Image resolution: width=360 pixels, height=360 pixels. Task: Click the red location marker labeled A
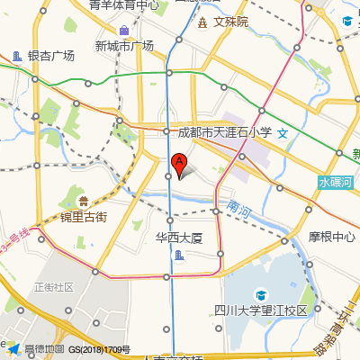pyautogui.click(x=178, y=164)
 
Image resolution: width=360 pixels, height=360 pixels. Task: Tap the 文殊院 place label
pyautogui.click(x=230, y=20)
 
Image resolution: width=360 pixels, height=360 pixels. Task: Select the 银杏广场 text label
pyautogui.click(x=50, y=56)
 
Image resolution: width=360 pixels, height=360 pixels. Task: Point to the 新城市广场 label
pyautogui.click(x=123, y=46)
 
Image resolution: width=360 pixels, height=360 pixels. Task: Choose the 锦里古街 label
pyautogui.click(x=84, y=217)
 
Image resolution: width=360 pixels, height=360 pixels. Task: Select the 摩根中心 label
pyautogui.click(x=331, y=238)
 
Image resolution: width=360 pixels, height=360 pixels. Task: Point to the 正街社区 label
pyautogui.click(x=53, y=287)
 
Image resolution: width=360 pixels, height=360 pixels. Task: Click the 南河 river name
pyautogui.click(x=239, y=208)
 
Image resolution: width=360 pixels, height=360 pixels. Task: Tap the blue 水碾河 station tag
pyautogui.click(x=337, y=182)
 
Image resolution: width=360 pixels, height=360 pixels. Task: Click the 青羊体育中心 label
pyautogui.click(x=123, y=5)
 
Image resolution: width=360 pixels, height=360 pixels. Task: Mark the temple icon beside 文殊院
pyautogui.click(x=202, y=20)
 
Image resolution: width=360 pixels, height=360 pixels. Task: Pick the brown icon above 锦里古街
pyautogui.click(x=84, y=201)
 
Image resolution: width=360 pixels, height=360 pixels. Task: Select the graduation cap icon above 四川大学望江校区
pyautogui.click(x=261, y=294)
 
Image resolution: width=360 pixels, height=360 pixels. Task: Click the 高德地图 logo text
pyautogui.click(x=44, y=349)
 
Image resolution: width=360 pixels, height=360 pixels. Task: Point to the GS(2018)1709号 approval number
pyautogui.click(x=100, y=349)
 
